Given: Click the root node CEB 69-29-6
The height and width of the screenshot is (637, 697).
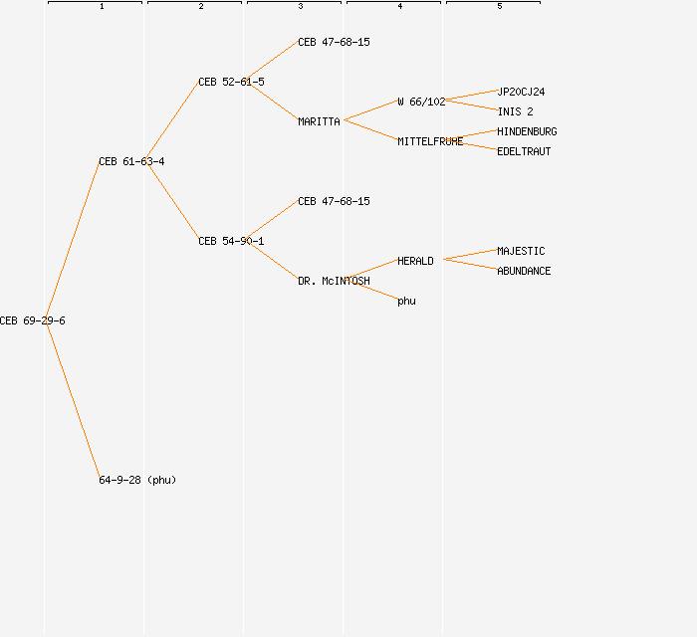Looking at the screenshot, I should pyautogui.click(x=32, y=320).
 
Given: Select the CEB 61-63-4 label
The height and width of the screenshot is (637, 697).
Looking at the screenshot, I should pyautogui.click(x=131, y=161).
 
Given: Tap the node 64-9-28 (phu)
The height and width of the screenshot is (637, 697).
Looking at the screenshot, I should pyautogui.click(x=137, y=480).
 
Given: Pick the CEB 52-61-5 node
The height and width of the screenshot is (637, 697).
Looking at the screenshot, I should pyautogui.click(x=231, y=82).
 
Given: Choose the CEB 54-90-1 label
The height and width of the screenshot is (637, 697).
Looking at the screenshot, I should pyautogui.click(x=231, y=241).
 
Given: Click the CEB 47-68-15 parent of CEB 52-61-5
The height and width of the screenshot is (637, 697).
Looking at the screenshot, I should pyautogui.click(x=334, y=42).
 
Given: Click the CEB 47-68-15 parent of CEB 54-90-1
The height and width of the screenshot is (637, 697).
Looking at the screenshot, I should pyautogui.click(x=334, y=201).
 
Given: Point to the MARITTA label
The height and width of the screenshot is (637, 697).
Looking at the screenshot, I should pyautogui.click(x=319, y=121).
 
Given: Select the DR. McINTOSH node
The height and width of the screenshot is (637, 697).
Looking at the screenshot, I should pyautogui.click(x=334, y=281).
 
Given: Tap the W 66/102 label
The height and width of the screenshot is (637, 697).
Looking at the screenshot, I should pyautogui.click(x=421, y=102).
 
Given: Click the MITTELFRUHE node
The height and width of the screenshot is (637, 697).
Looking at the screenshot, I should pyautogui.click(x=430, y=141).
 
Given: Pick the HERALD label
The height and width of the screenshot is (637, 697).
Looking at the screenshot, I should pyautogui.click(x=415, y=261).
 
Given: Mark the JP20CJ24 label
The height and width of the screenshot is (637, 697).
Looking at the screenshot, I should pyautogui.click(x=521, y=92).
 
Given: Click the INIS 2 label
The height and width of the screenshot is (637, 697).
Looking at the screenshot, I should pyautogui.click(x=515, y=111).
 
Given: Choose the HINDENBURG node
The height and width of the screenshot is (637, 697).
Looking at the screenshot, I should pyautogui.click(x=527, y=131).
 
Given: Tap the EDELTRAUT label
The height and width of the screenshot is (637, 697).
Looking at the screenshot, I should pyautogui.click(x=524, y=151).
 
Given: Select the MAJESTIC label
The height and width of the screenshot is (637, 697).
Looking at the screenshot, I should pyautogui.click(x=521, y=251).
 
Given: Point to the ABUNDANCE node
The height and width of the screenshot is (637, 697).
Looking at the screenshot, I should pyautogui.click(x=524, y=271).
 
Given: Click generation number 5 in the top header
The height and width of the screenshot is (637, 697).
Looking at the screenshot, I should pyautogui.click(x=500, y=7).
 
